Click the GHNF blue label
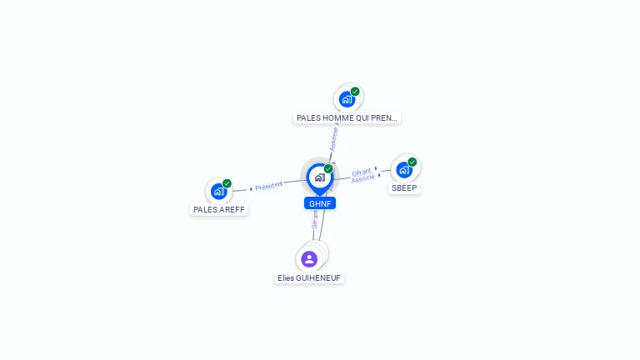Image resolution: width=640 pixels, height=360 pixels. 320,203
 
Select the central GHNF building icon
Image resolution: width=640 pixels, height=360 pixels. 319,177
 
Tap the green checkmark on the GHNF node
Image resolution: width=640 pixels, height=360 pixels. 328,169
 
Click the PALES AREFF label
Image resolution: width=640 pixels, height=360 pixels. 219,210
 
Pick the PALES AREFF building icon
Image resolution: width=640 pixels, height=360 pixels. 218,191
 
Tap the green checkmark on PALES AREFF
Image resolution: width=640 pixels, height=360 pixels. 227,183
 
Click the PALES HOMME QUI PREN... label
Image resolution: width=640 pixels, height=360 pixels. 347,117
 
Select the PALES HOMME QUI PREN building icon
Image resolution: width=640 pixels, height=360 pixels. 347,99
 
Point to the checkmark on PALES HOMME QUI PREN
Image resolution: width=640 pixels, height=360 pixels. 355,92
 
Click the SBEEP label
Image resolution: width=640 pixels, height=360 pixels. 404,188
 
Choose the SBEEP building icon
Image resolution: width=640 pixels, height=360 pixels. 403,169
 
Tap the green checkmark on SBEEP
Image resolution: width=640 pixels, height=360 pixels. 412,162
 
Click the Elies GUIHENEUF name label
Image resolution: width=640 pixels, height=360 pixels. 309,277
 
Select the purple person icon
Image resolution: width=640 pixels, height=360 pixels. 309,258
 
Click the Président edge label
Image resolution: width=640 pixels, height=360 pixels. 269,186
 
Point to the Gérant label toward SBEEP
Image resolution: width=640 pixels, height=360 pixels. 361,172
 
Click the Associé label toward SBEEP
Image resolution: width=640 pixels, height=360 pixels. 362,179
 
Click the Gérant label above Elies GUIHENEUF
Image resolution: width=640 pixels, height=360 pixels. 315,219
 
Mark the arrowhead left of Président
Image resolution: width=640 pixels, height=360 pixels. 251,189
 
